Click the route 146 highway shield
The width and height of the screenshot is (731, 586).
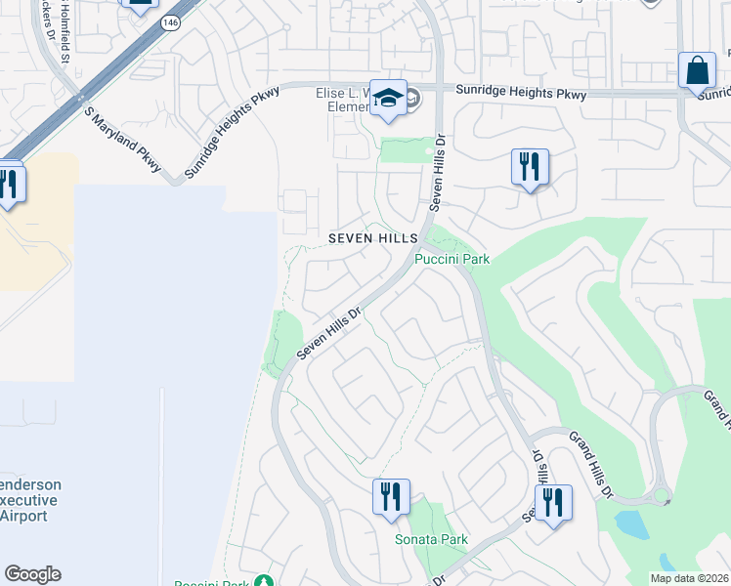171,22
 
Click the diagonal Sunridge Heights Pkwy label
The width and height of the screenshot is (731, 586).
231,133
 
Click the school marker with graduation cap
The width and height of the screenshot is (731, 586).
389,99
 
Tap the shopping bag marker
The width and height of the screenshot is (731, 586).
698,72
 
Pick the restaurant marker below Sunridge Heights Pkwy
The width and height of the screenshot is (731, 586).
529,167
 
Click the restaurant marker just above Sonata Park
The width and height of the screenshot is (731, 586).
390,497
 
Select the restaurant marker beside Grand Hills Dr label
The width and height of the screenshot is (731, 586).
554,503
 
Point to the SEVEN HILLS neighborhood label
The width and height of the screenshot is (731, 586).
373,238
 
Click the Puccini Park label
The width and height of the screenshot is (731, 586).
451,259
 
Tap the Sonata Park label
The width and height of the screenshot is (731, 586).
431,539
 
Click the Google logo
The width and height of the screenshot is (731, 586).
32,574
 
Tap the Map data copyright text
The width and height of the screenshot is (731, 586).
688,578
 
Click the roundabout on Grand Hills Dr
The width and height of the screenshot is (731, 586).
662,496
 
